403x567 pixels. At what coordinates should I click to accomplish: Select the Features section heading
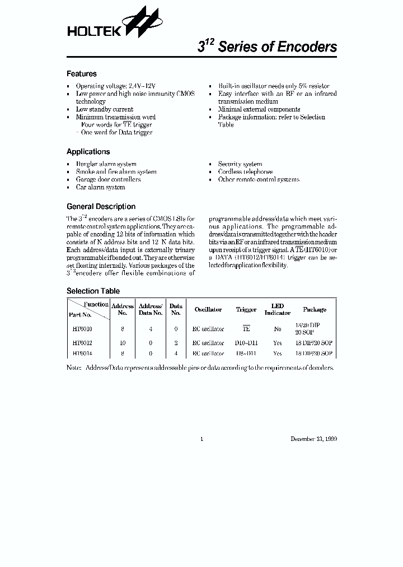(x=82, y=74)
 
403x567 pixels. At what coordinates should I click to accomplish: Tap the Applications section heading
(x=88, y=152)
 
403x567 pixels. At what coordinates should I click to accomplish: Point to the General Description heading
(x=101, y=207)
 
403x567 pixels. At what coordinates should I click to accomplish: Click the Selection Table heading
(x=93, y=291)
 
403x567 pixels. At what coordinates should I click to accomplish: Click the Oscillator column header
(x=208, y=310)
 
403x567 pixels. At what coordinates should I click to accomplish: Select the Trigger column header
(x=246, y=310)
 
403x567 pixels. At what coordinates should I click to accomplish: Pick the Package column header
(x=315, y=310)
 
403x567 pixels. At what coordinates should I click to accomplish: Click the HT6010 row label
(x=82, y=329)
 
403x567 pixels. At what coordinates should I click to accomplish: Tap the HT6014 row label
(x=82, y=354)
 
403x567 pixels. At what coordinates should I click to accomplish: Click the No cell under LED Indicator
(x=278, y=329)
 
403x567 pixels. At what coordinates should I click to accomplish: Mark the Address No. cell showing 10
(x=123, y=342)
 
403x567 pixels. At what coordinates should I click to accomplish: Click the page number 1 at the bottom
(x=201, y=439)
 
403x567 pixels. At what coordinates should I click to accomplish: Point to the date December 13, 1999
(x=313, y=439)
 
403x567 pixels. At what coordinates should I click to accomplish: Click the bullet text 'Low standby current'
(x=105, y=110)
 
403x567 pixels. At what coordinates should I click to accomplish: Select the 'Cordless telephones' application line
(x=246, y=172)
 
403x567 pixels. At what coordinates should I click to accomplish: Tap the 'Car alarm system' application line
(x=101, y=188)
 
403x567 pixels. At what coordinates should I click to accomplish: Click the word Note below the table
(x=73, y=368)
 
